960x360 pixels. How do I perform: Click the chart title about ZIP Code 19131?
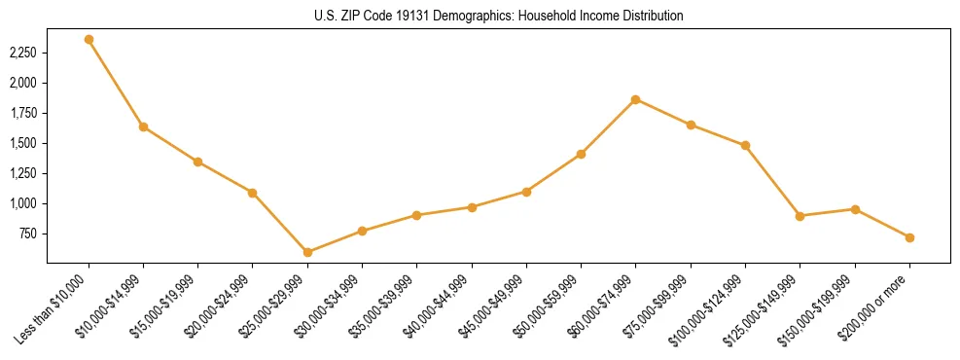coord(499,16)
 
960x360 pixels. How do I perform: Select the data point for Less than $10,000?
coord(89,40)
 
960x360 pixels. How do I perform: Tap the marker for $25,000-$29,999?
coord(307,252)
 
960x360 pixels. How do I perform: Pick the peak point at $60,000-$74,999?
coord(635,99)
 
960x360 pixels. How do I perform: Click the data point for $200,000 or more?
coord(909,237)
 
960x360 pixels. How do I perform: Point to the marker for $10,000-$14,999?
coord(143,126)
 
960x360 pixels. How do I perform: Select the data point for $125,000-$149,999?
coord(800,216)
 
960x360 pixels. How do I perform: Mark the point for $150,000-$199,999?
coord(855,209)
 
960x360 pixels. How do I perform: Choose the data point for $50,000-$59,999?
coord(581,154)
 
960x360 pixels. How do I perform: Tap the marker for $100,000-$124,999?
coord(745,145)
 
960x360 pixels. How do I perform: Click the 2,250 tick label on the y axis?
coord(22,53)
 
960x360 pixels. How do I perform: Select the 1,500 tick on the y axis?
coord(22,143)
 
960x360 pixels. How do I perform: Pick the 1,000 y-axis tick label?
coord(22,203)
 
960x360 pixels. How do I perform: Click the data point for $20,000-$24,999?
coord(253,193)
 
